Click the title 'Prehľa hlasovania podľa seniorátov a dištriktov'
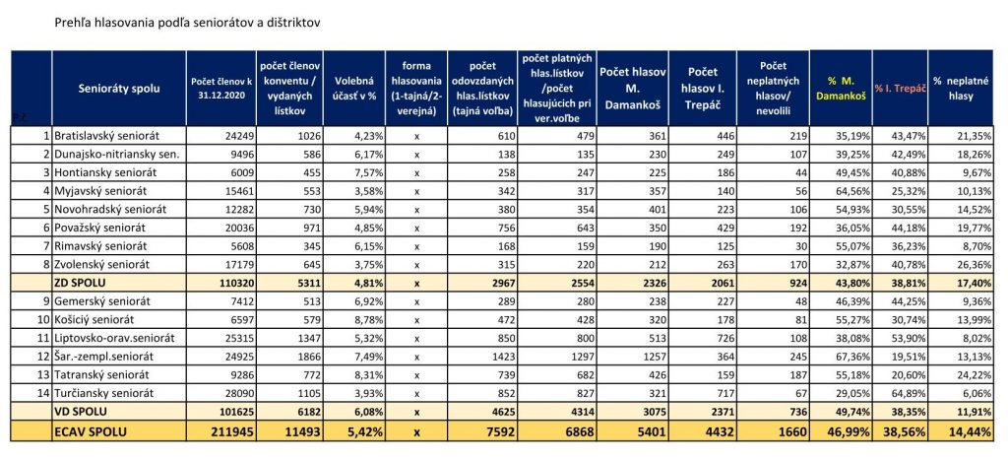pos(188,23)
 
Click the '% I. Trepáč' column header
pos(900,88)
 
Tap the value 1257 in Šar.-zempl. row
pos(651,357)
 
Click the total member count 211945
pos(228,432)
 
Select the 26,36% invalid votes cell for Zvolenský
pos(972,264)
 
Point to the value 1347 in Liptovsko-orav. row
pos(305,338)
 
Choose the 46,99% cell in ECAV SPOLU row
pos(850,432)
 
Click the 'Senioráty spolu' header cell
pos(119,88)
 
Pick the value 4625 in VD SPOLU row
pos(499,411)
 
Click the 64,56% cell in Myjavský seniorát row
pos(853,191)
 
